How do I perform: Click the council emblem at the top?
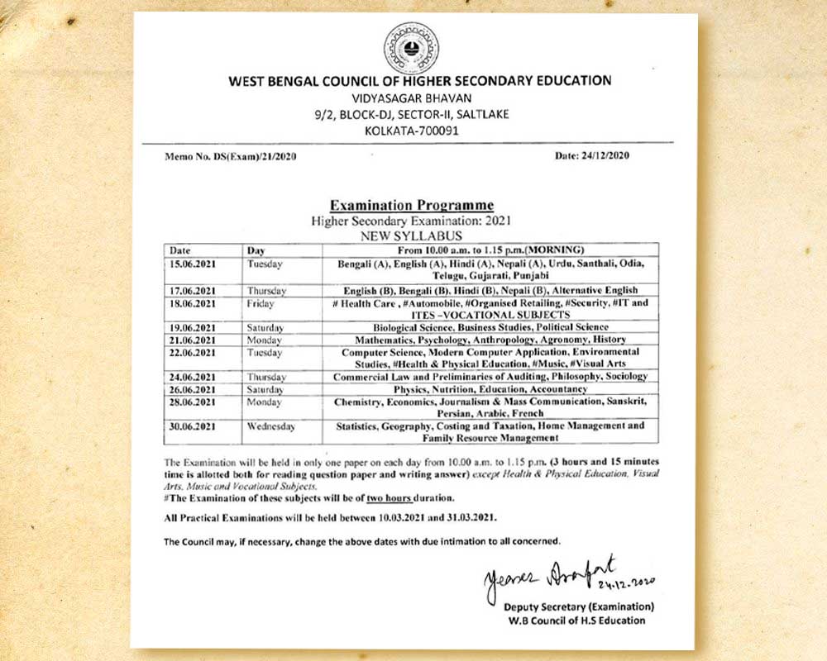[411, 48]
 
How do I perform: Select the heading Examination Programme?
[411, 205]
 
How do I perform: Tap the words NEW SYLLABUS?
[411, 235]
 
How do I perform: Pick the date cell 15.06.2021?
[192, 264]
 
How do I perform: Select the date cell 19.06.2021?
[192, 327]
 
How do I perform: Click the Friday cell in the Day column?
[261, 304]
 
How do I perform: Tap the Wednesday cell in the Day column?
[270, 426]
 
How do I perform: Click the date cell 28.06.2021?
[192, 402]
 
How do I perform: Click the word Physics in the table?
[412, 388]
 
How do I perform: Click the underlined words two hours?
[428, 498]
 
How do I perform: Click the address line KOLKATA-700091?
[411, 130]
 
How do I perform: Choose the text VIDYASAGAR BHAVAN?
[411, 97]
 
